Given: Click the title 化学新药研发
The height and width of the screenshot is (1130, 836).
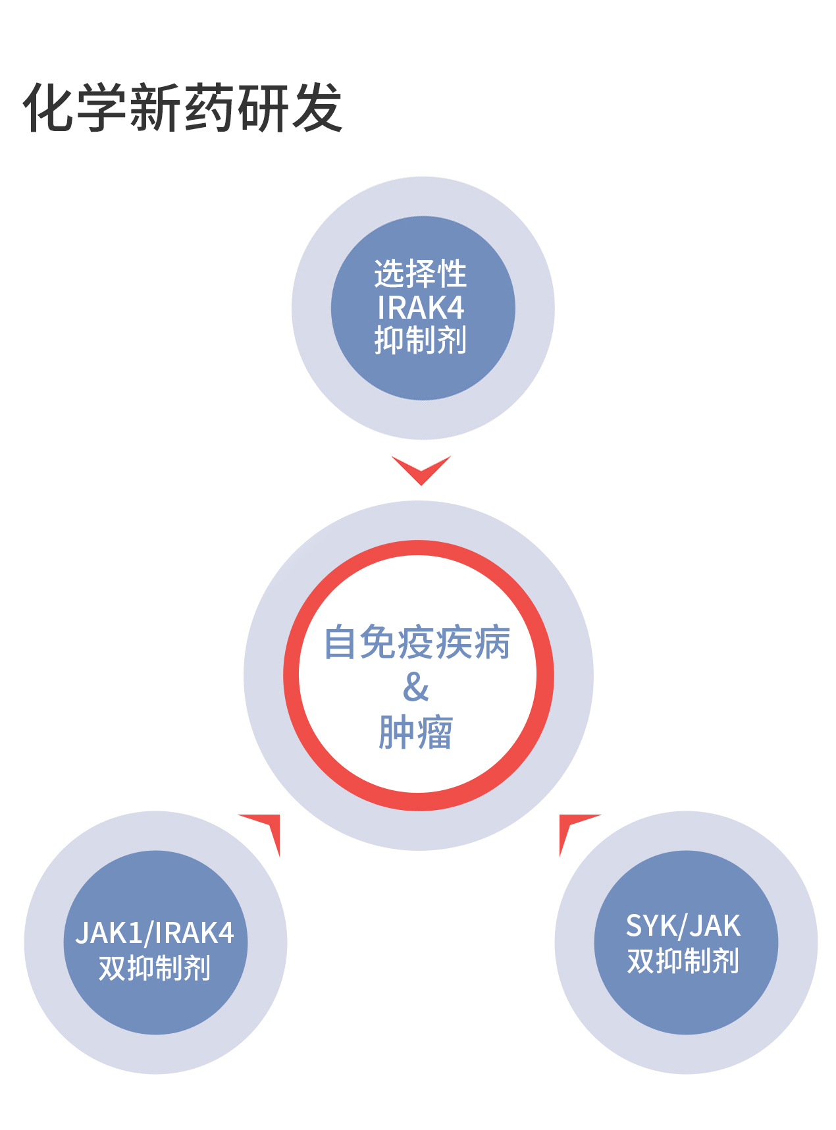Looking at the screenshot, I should point(183,107).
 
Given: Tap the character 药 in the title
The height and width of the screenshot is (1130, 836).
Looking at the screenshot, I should point(209,107).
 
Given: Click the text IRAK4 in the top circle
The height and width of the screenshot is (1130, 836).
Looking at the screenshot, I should point(421,308).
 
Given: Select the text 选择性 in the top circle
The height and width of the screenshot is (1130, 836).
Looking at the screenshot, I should point(421,274).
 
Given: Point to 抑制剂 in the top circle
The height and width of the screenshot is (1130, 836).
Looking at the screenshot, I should point(421,340).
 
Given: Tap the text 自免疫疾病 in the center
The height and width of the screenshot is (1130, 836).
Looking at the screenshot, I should point(417,643).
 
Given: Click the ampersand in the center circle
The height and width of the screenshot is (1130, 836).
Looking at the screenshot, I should point(416,687).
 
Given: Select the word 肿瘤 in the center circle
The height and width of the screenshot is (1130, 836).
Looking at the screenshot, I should point(416,732).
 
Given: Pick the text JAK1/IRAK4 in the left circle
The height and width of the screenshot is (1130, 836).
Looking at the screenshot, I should point(155,933).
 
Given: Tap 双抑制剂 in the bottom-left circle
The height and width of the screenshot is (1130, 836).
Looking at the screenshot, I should point(155,968).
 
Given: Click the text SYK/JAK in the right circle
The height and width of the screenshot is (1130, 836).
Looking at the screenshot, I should point(683,927).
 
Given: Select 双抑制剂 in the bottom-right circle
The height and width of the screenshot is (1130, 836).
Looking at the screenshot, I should point(683,961).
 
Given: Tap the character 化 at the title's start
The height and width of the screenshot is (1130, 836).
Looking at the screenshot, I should point(49,107).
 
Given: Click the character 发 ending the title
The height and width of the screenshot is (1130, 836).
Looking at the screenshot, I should point(317,107).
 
